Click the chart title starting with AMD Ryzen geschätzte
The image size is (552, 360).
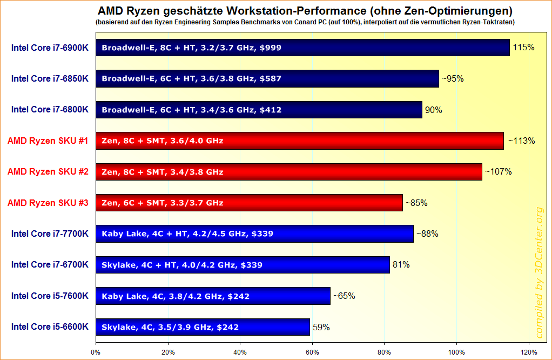click(305, 11)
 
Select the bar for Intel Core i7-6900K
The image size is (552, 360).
click(302, 48)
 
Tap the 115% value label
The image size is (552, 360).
click(524, 48)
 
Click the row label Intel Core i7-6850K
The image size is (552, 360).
click(50, 79)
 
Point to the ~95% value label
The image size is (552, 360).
click(453, 79)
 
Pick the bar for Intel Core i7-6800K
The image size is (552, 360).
click(259, 110)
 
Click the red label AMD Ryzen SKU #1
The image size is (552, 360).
click(48, 141)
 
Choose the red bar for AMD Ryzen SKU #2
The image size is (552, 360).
click(288, 172)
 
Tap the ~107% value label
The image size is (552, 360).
click(497, 172)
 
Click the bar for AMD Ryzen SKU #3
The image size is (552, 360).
click(249, 203)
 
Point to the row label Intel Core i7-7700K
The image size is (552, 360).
click(50, 234)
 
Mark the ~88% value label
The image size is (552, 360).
click(427, 234)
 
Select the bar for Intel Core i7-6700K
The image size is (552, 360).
click(243, 265)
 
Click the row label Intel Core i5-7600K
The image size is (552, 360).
click(50, 296)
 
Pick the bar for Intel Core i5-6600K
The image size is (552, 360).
click(203, 327)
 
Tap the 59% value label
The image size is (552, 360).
click(321, 327)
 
